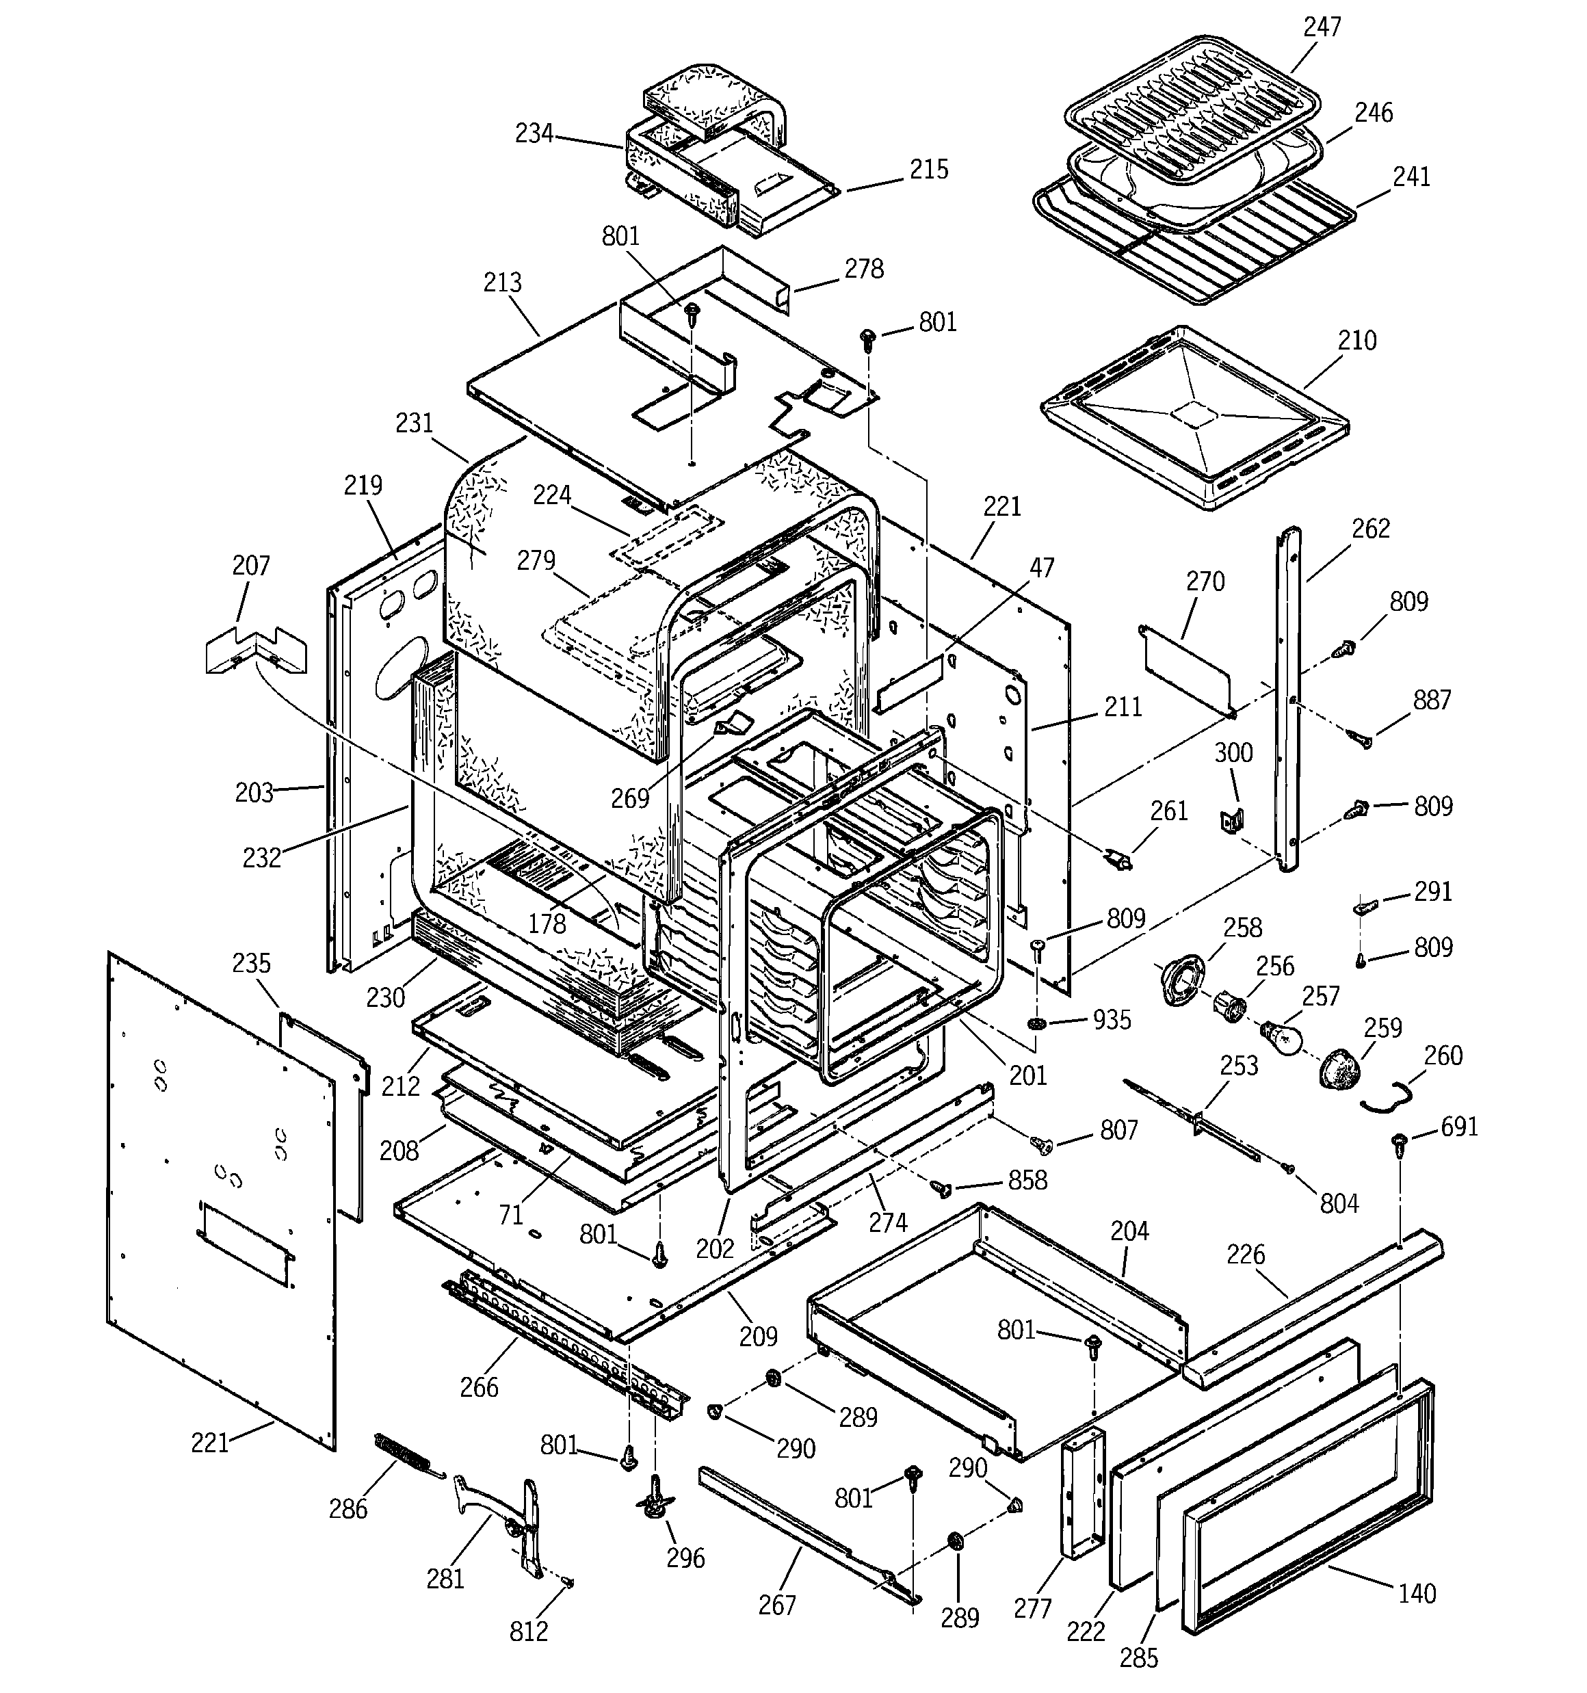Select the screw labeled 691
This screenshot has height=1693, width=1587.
tap(1399, 1145)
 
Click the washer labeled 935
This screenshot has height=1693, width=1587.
tap(1038, 1023)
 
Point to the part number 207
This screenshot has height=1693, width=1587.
tap(250, 566)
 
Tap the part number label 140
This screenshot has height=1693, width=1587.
tap(1417, 1592)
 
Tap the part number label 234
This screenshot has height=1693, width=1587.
tap(534, 133)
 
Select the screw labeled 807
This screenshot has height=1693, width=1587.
tap(1041, 1144)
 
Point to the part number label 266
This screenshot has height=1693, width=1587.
tap(479, 1387)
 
